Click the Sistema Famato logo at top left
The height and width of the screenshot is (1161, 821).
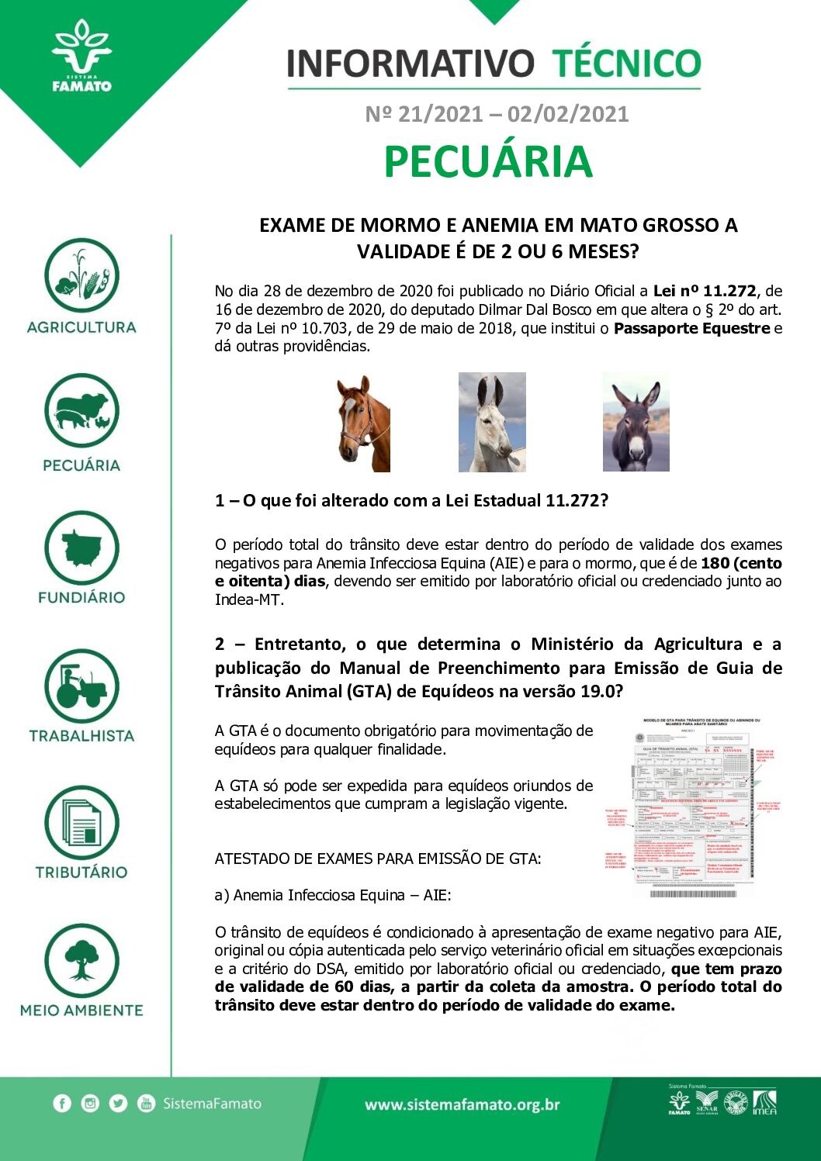pyautogui.click(x=81, y=57)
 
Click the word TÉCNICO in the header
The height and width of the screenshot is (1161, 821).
pyautogui.click(x=626, y=64)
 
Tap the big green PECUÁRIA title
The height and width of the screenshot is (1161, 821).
pyautogui.click(x=488, y=162)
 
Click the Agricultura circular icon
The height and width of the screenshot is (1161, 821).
pyautogui.click(x=81, y=275)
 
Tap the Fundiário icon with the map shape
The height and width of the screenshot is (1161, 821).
pyautogui.click(x=81, y=548)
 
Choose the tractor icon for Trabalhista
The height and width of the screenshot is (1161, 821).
pyautogui.click(x=81, y=686)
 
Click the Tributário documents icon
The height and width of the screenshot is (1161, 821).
pyautogui.click(x=81, y=824)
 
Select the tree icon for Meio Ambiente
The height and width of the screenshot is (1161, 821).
pyautogui.click(x=81, y=961)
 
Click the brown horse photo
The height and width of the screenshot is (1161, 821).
pyautogui.click(x=363, y=423)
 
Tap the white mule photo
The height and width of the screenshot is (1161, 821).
pyautogui.click(x=492, y=422)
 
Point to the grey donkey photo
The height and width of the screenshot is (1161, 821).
pyautogui.click(x=636, y=422)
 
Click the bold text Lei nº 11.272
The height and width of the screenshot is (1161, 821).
pyautogui.click(x=704, y=292)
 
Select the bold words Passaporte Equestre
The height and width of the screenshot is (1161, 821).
pyautogui.click(x=691, y=328)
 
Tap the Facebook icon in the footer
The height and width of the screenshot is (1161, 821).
pyautogui.click(x=62, y=1104)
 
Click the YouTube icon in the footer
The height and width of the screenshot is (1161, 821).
pyautogui.click(x=146, y=1104)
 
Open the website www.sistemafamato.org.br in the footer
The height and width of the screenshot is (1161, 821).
pyautogui.click(x=462, y=1105)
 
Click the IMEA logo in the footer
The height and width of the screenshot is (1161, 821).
pyautogui.click(x=764, y=1102)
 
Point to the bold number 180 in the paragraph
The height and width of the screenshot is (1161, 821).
pyautogui.click(x=715, y=563)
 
